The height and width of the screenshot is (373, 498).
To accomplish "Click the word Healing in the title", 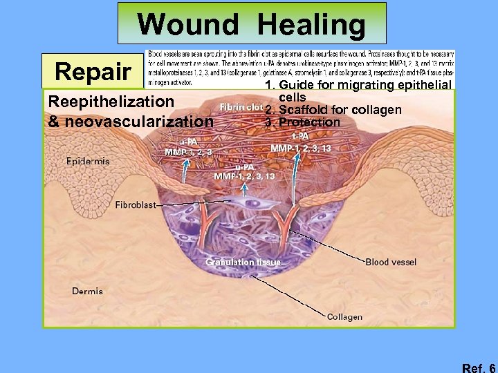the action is click(x=312, y=26).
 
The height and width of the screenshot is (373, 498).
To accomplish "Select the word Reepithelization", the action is click(x=111, y=102).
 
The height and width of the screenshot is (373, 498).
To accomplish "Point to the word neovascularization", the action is click(x=138, y=122).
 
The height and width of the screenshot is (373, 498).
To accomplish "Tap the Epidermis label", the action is click(x=88, y=161).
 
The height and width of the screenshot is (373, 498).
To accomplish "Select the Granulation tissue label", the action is click(x=243, y=262).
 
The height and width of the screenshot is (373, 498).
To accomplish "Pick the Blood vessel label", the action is click(x=391, y=262).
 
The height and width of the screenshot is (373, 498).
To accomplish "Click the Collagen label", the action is click(x=344, y=317).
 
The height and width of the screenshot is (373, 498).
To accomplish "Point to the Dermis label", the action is click(x=87, y=291).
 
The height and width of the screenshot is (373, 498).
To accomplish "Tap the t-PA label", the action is click(x=300, y=135).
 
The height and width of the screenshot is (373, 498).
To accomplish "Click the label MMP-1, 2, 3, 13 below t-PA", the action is click(x=301, y=148).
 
